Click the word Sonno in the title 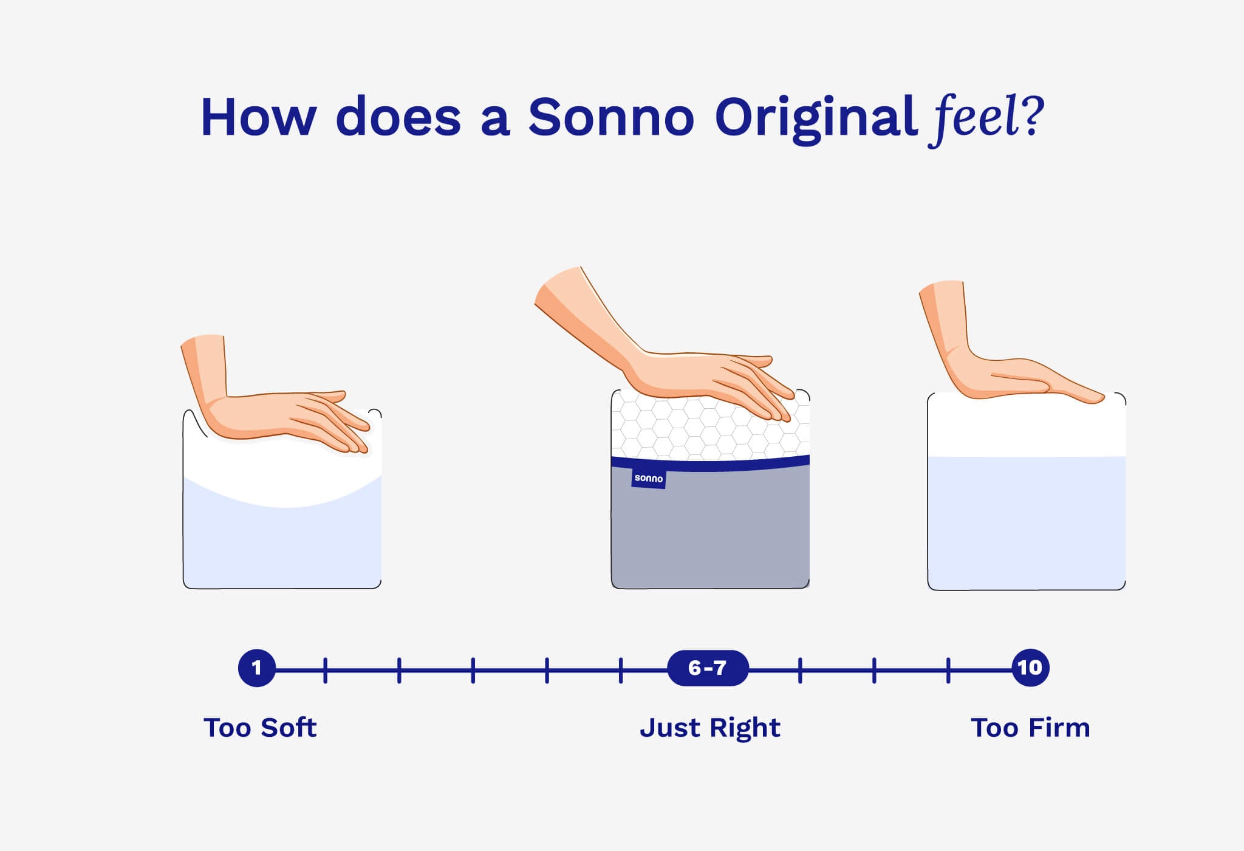click(x=610, y=117)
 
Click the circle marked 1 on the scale click(x=256, y=668)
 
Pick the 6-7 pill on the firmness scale click(x=708, y=668)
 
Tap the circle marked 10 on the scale click(x=1030, y=668)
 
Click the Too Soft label click(x=260, y=728)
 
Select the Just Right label click(x=709, y=728)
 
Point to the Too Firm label click(x=1030, y=728)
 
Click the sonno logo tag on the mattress click(x=648, y=479)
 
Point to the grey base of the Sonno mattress click(x=711, y=535)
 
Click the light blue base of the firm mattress click(x=1027, y=522)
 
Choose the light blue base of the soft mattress click(x=282, y=547)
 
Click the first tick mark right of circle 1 click(x=325, y=670)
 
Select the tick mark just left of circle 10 click(x=948, y=670)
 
